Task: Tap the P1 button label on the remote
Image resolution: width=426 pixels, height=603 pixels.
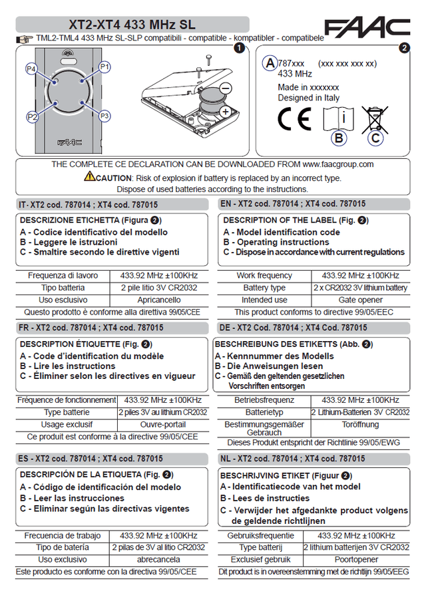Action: click(105, 67)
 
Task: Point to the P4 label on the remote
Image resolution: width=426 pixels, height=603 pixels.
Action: click(31, 69)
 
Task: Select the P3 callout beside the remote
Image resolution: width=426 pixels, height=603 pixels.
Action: click(105, 116)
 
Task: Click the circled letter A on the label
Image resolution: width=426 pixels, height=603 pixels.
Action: click(269, 63)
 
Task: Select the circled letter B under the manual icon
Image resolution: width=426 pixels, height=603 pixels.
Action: click(339, 138)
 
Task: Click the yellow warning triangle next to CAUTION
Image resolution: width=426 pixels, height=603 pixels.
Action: click(89, 177)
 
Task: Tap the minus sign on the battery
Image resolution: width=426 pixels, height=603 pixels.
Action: click(225, 88)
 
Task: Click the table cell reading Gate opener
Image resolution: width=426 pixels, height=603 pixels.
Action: click(360, 300)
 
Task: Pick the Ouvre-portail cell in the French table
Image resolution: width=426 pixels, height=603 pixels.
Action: click(163, 424)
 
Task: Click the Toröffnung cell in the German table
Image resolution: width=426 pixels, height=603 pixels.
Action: click(360, 423)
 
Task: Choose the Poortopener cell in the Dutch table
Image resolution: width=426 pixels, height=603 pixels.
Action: click(355, 559)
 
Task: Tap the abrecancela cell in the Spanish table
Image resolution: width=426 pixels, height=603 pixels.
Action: click(158, 559)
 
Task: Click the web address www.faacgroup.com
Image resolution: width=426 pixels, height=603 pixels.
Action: click(338, 164)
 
